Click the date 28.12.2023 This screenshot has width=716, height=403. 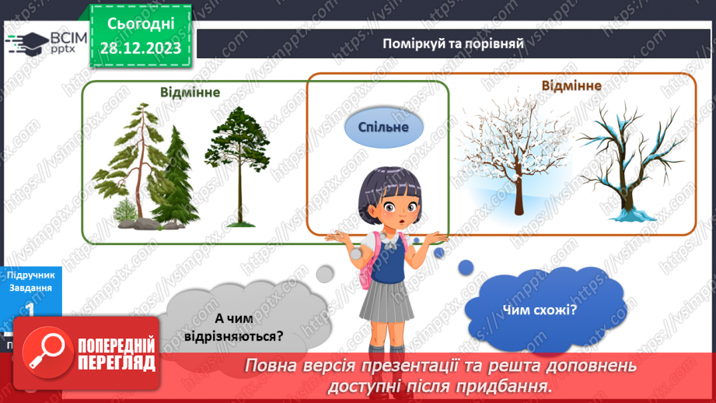pyautogui.click(x=140, y=48)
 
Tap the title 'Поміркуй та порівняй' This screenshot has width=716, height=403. pyautogui.click(x=454, y=43)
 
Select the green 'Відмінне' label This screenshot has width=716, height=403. pyautogui.click(x=190, y=92)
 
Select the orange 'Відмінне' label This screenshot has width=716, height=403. pyautogui.click(x=571, y=85)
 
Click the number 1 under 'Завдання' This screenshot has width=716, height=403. pyautogui.click(x=30, y=309)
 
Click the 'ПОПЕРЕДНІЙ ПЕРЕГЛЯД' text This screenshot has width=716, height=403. pyautogui.click(x=117, y=355)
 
